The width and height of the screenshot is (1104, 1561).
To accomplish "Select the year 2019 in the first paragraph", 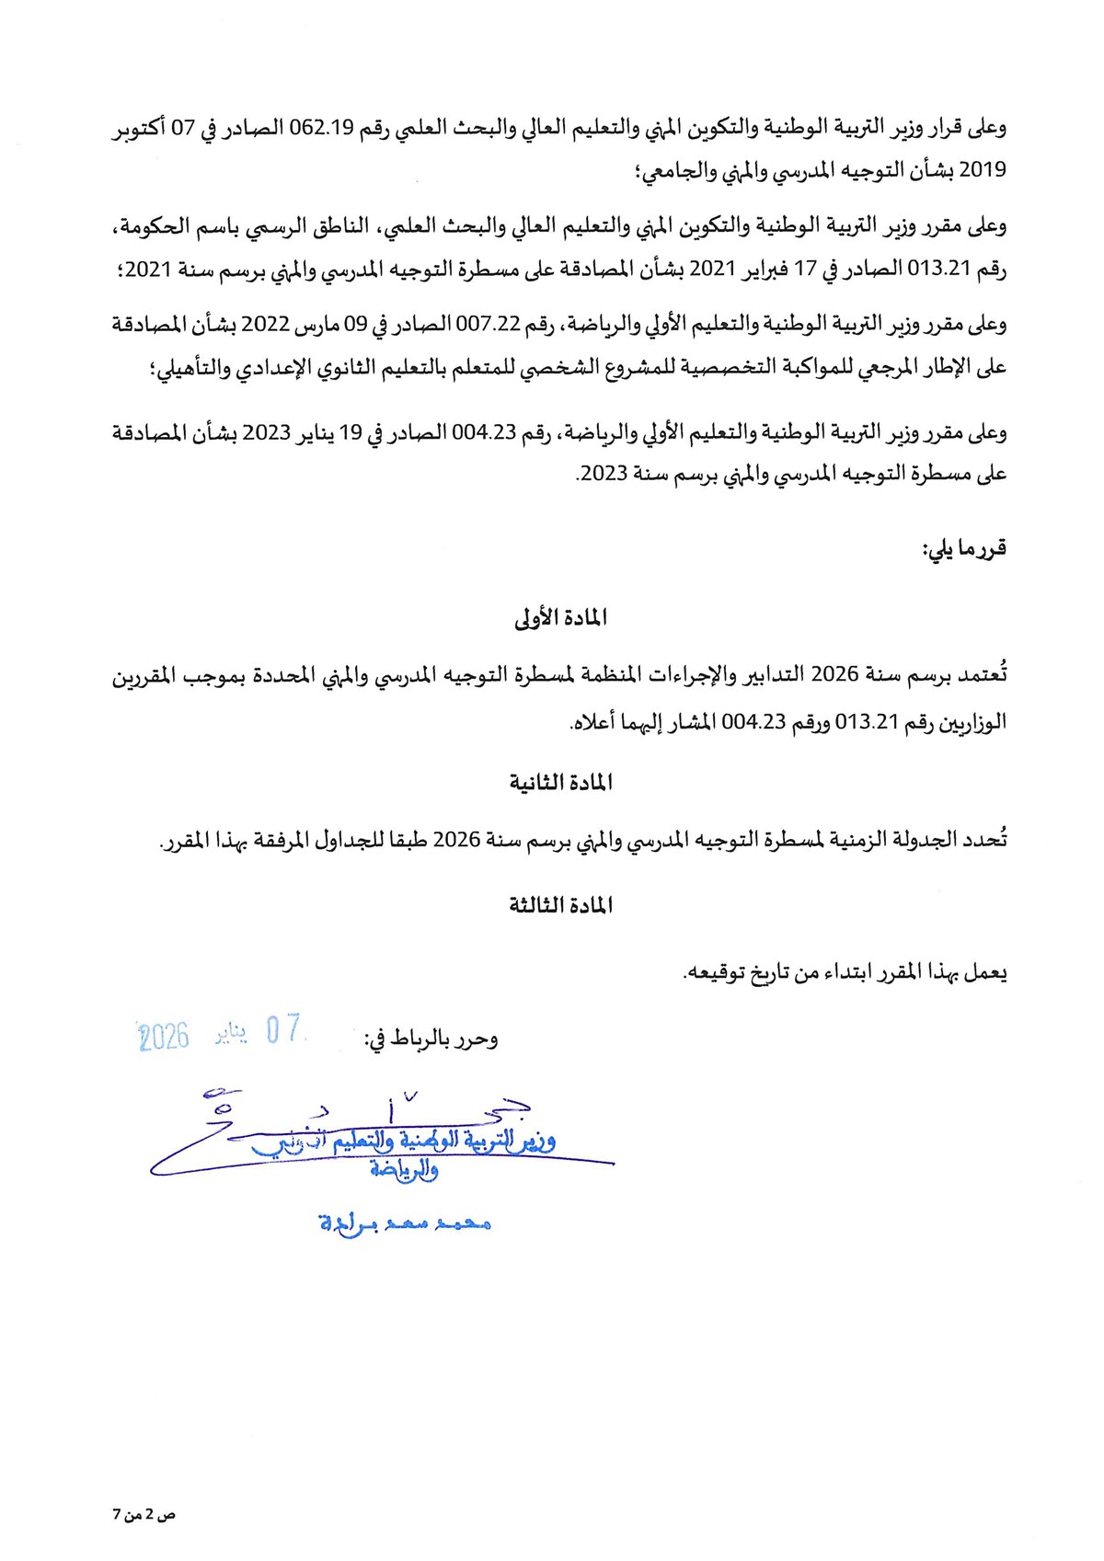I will click(983, 171).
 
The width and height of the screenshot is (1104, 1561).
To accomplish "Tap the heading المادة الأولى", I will click(560, 618).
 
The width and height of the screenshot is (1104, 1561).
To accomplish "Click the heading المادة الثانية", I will click(560, 783).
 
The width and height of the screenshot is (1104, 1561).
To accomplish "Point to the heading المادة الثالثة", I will click(560, 906).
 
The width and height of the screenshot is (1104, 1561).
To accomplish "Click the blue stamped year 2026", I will click(164, 1037).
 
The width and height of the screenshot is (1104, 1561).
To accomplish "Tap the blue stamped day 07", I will click(283, 1029).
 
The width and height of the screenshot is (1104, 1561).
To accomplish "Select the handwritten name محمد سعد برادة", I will click(405, 1223).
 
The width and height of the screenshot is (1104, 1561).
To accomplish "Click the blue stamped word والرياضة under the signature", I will click(404, 1170).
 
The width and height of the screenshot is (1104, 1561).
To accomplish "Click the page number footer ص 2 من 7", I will click(144, 1514).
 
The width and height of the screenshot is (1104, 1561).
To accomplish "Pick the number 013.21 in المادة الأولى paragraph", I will click(866, 722).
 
